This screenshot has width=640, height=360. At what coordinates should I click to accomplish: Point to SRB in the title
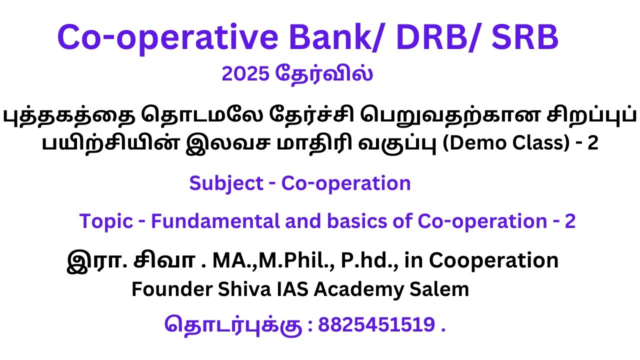click(x=526, y=38)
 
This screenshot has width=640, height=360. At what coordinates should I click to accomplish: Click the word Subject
click(x=226, y=183)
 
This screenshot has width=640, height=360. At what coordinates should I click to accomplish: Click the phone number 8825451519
click(x=376, y=325)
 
